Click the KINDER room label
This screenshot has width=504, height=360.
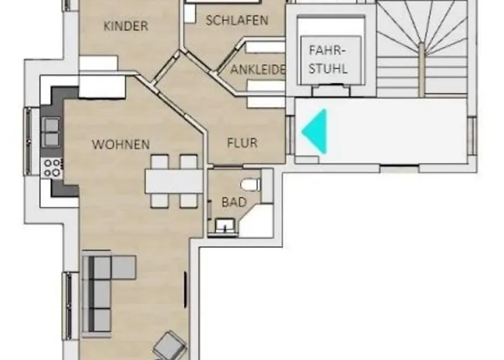click(x=126, y=26)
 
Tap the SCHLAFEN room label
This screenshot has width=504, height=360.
click(x=237, y=21)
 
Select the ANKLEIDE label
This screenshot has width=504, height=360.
click(x=258, y=69)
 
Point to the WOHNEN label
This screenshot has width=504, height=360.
click(x=121, y=145)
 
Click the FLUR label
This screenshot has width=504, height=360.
click(x=243, y=143)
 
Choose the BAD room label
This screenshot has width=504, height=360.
click(x=234, y=202)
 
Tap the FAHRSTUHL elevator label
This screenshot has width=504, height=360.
click(x=328, y=60)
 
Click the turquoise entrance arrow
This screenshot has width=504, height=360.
click(x=315, y=131)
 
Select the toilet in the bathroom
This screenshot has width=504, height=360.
click(x=251, y=185)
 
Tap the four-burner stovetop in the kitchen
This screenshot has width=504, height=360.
click(x=53, y=168)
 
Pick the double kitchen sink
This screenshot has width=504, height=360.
click(x=51, y=132)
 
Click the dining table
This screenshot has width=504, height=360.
click(x=174, y=181)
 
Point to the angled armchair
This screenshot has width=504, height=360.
click(x=170, y=346)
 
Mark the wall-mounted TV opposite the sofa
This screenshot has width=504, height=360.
click(x=186, y=290)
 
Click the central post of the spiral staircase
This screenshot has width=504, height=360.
click(x=421, y=69)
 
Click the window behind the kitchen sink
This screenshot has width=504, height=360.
click(x=28, y=141)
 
